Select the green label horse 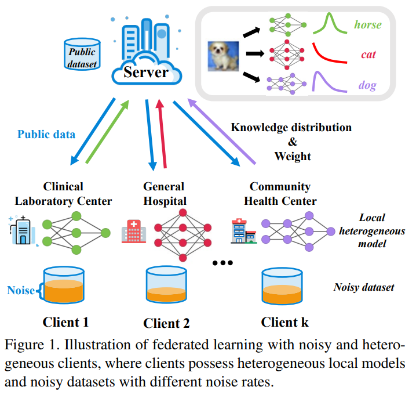pyautogui.click(x=368, y=26)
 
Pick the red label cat pyautogui.click(x=368, y=55)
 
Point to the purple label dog pyautogui.click(x=367, y=86)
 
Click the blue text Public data pyautogui.click(x=46, y=134)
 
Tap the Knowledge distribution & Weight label pyautogui.click(x=291, y=142)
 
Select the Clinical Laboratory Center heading pyautogui.click(x=63, y=194)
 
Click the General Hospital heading pyautogui.click(x=164, y=194)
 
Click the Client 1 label pyautogui.click(x=65, y=322)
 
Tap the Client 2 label pyautogui.click(x=166, y=323)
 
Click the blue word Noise pyautogui.click(x=20, y=290)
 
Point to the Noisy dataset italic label pyautogui.click(x=363, y=287)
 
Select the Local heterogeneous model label pyautogui.click(x=372, y=231)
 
